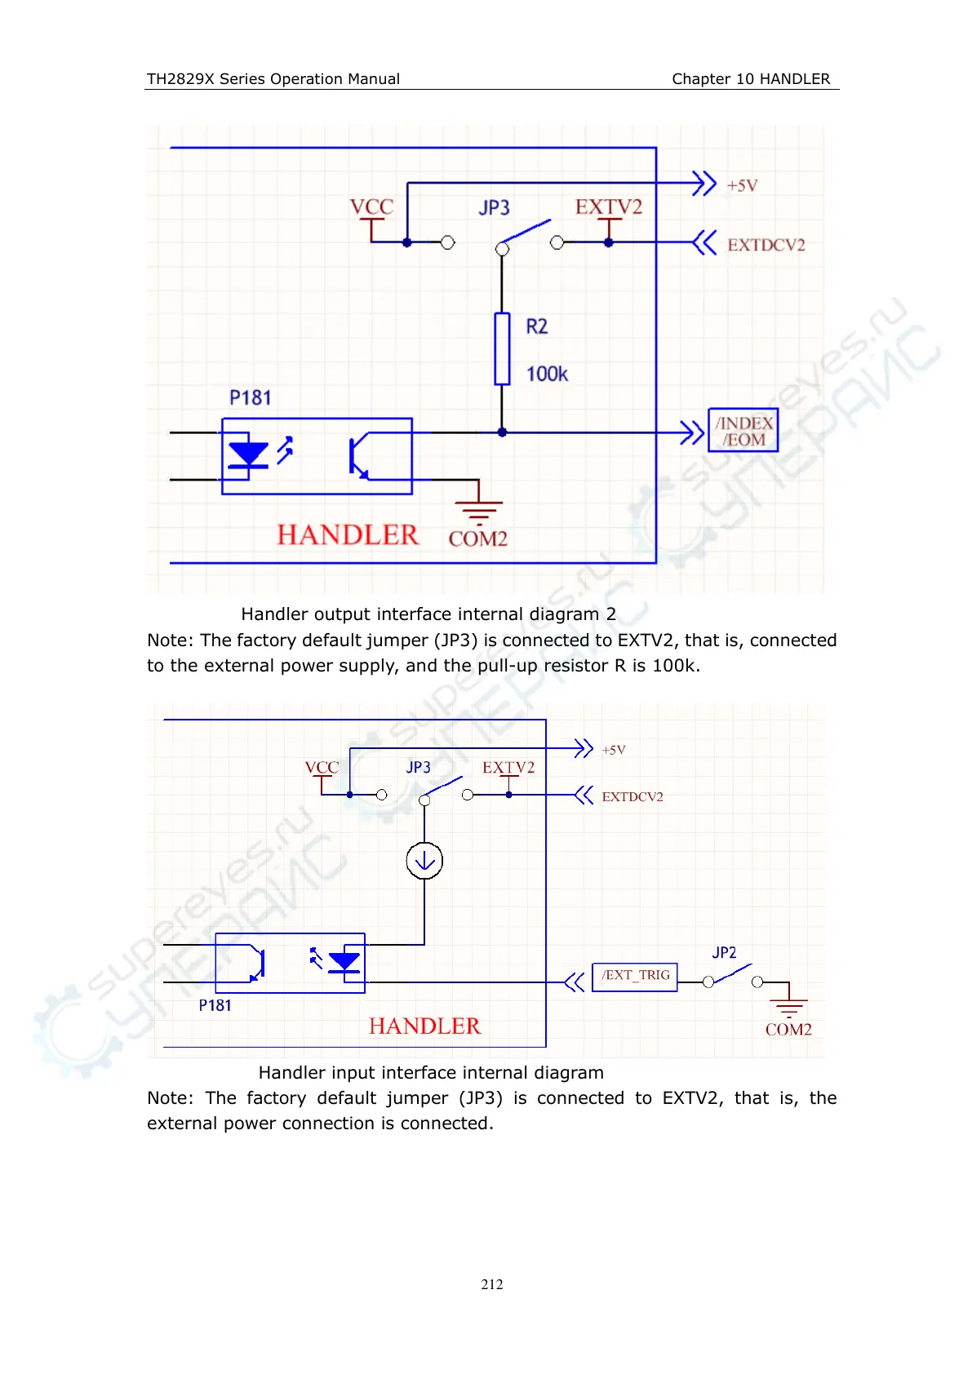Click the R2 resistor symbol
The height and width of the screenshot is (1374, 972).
pos(502,348)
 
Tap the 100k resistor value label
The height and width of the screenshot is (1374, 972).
pos(547,375)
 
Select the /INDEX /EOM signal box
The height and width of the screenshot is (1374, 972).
pos(743,431)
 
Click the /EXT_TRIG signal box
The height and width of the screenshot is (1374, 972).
pos(635,976)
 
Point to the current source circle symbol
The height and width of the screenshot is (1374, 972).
pos(424,861)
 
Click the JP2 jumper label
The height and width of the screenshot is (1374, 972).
pos(724,953)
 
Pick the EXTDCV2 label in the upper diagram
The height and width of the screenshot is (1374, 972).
pos(766,245)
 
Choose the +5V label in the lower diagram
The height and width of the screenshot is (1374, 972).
pos(614,750)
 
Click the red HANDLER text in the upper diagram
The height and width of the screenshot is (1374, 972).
pos(348,535)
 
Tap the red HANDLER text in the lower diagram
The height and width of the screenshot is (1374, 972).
pos(424,1026)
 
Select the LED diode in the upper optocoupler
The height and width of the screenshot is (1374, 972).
pos(249,455)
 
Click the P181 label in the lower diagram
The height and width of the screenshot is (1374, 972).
pos(215,1006)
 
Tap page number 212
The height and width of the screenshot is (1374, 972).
pos(492,1284)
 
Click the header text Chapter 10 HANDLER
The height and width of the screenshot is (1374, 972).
pos(751,79)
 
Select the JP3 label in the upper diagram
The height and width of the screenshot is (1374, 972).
pos(494,208)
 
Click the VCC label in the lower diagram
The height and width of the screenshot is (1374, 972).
pos(322,768)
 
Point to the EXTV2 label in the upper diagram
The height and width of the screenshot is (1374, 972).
pos(608,207)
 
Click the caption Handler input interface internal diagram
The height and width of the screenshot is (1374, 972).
pos(431,1073)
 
